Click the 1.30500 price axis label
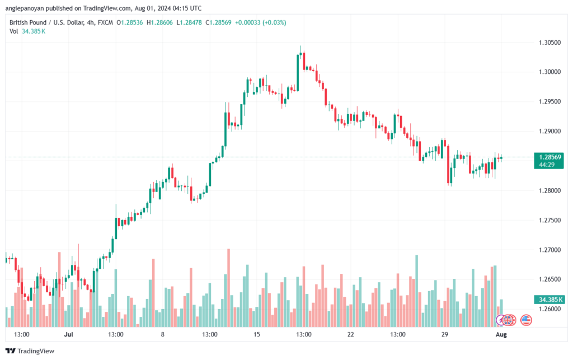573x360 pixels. click(x=549, y=43)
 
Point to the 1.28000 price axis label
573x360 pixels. click(x=549, y=190)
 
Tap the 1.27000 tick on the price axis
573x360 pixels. click(x=549, y=250)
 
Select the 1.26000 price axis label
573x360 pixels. click(x=549, y=309)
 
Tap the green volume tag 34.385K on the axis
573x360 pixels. click(x=548, y=300)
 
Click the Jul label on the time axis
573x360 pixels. click(x=68, y=334)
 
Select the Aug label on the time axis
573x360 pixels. click(x=501, y=334)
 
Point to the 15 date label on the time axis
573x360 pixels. click(x=256, y=334)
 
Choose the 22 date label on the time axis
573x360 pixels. click(x=350, y=334)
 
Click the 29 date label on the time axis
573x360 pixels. click(x=444, y=334)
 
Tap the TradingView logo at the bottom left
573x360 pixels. click(x=30, y=351)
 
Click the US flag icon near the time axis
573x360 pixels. click(x=526, y=320)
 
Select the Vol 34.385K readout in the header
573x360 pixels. click(x=27, y=31)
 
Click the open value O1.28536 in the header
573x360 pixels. click(x=130, y=22)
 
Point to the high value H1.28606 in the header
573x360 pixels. click(x=159, y=22)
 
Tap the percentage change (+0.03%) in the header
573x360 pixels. click(x=274, y=22)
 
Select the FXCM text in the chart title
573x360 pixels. click(x=105, y=22)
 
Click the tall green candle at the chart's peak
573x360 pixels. click(x=298, y=73)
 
